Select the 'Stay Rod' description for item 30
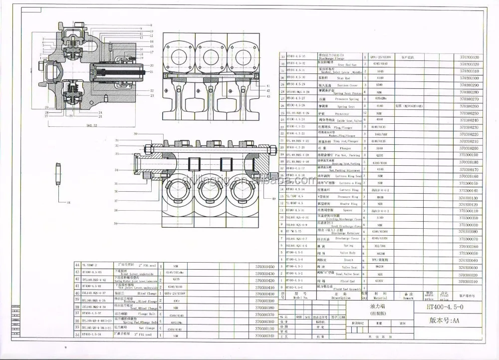pos(342,78)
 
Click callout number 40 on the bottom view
pos(274,199)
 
